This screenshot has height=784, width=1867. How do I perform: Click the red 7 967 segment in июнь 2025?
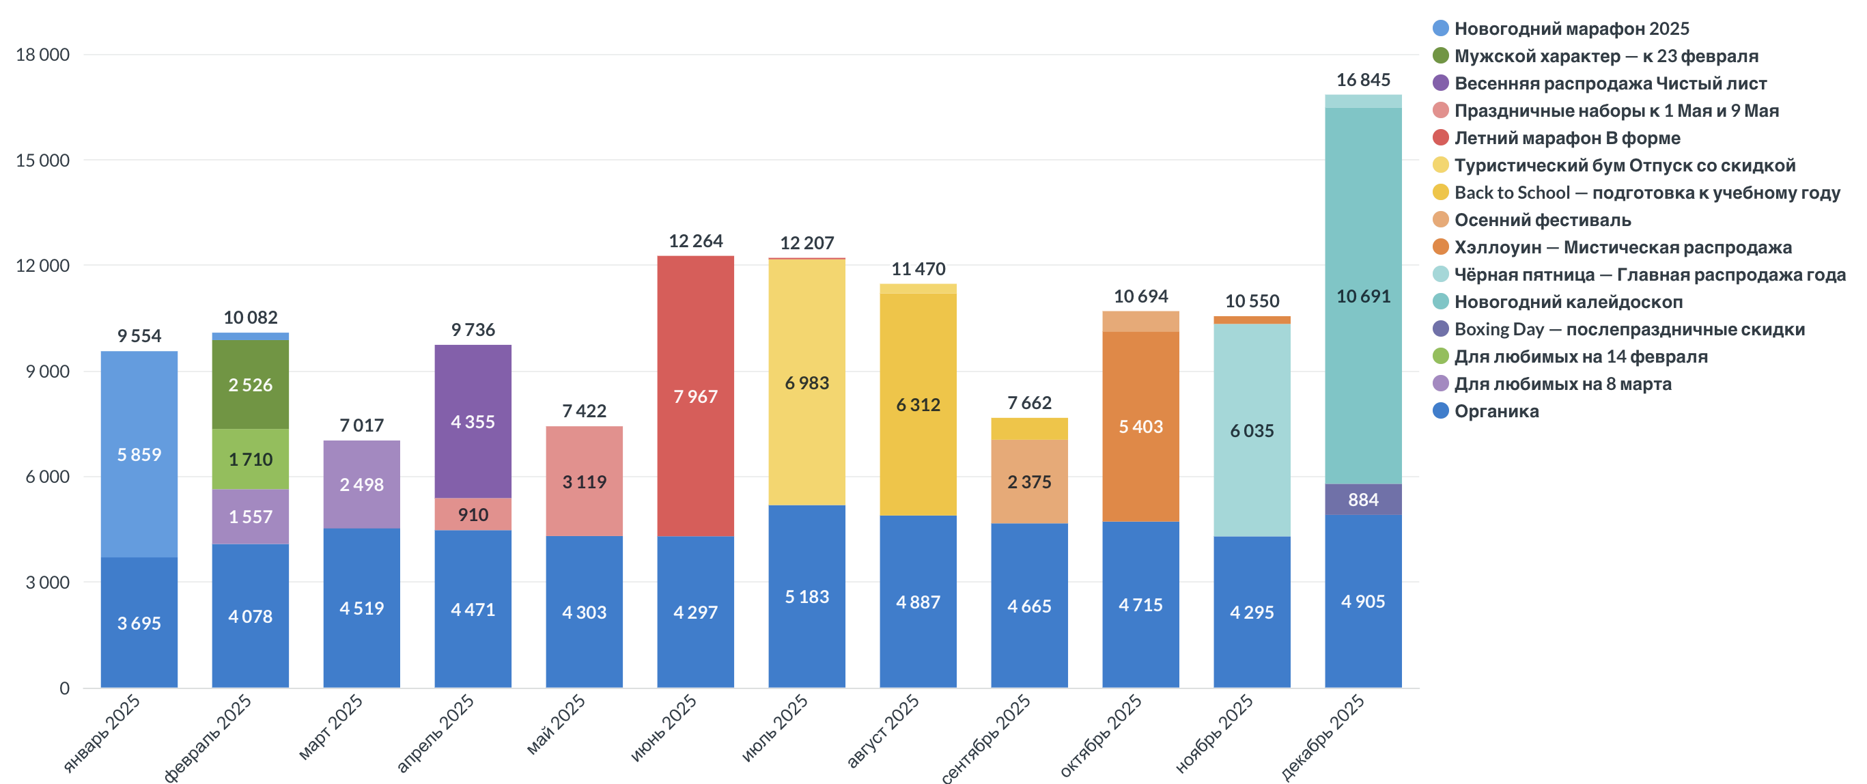695,396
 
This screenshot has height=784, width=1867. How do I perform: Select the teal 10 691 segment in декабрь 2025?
1362,296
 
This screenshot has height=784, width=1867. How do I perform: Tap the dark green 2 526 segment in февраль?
250,384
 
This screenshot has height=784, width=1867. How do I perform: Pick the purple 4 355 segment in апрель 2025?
473,422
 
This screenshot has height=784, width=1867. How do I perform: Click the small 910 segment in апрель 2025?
473,514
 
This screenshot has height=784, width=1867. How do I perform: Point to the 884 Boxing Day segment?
1362,499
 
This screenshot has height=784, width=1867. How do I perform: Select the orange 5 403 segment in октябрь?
1140,427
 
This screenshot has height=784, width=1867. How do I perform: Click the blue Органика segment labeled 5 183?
806,596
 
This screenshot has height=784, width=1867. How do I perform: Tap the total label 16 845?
1362,80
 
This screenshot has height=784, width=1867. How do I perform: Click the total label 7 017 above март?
361,425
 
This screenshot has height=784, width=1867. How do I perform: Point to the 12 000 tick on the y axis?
43,266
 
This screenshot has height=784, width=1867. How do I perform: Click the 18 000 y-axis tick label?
43,55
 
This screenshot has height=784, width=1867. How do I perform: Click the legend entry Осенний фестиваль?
1543,219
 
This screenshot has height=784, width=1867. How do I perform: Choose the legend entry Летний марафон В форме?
1567,138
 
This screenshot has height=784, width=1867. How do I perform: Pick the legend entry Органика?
1496,411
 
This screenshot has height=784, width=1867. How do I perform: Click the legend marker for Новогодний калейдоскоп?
1440,301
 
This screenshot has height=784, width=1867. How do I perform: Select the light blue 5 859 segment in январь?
139,454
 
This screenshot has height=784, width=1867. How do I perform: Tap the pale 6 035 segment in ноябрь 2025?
1252,430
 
